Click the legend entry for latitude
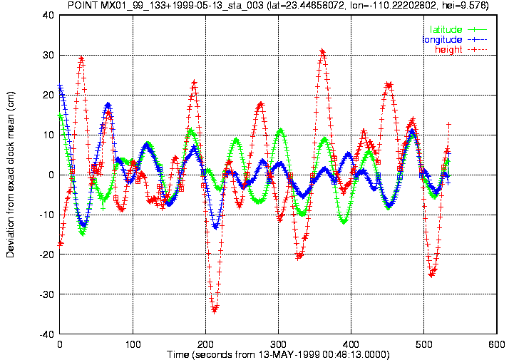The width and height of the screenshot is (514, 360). click(458, 29)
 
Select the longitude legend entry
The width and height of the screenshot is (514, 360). click(455, 40)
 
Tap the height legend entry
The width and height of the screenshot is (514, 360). click(461, 50)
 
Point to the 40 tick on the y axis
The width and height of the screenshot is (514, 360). click(48, 15)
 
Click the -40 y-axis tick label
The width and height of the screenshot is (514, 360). click(46, 334)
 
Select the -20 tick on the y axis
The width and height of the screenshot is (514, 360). click(46, 254)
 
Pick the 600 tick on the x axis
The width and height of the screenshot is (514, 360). click(497, 344)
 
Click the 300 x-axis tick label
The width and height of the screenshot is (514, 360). click(278, 344)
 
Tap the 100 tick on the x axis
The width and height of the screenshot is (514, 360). click(133, 344)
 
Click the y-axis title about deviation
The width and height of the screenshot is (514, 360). click(10, 175)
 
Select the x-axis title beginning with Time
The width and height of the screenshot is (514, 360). click(278, 354)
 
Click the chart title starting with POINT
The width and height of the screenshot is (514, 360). click(278, 5)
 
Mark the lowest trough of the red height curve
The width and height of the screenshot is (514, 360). click(215, 310)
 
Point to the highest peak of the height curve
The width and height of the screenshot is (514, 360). click(322, 51)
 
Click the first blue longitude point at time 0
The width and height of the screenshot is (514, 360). click(60, 86)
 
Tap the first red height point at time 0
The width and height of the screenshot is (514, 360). click(60, 244)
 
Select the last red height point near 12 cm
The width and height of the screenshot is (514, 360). click(448, 124)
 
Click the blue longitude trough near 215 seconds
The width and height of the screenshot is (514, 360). click(215, 227)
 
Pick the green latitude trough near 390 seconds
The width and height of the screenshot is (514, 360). click(344, 222)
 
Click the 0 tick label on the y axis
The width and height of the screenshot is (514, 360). click(51, 175)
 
